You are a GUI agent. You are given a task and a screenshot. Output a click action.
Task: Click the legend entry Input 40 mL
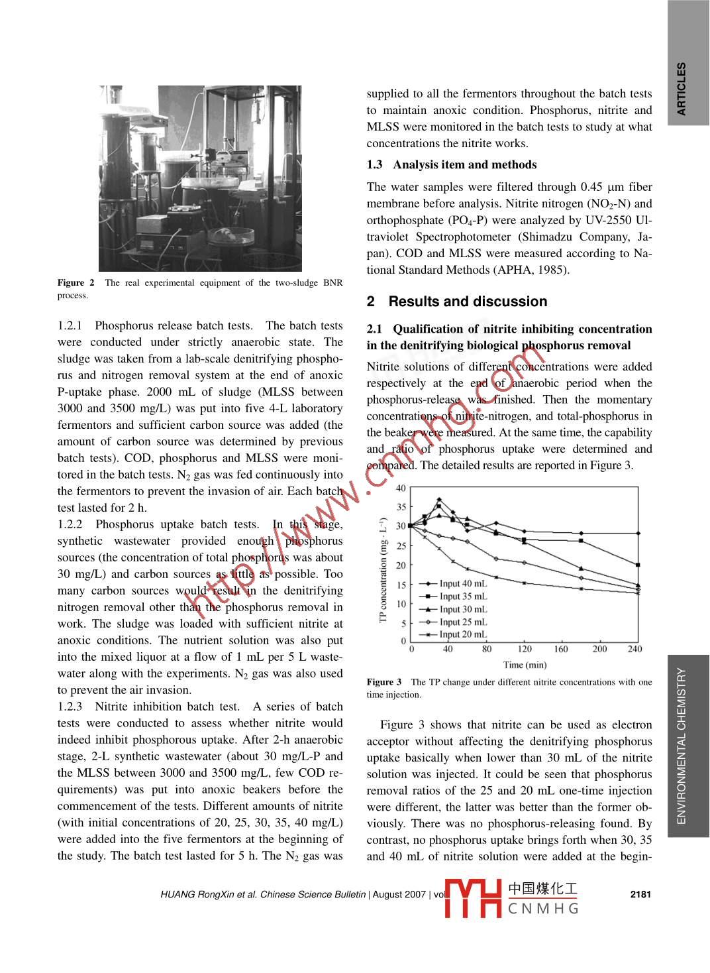(x=463, y=583)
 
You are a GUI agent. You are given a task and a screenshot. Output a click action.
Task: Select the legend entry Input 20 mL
(x=463, y=634)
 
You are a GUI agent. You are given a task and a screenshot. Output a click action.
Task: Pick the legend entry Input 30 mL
(x=463, y=609)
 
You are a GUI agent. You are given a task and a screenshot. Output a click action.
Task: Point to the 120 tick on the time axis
(x=525, y=650)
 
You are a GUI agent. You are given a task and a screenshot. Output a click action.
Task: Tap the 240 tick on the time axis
(x=634, y=650)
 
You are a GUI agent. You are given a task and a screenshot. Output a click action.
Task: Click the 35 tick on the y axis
(x=401, y=508)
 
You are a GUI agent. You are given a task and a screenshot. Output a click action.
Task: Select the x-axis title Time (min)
(x=525, y=665)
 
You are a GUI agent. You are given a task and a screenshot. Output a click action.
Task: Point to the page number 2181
(x=640, y=894)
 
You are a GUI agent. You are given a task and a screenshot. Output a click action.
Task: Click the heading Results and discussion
(x=468, y=302)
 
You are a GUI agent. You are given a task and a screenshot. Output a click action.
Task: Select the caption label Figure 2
(x=76, y=283)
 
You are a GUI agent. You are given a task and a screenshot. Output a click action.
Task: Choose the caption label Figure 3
(x=384, y=682)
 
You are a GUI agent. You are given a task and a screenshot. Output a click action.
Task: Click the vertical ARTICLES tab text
(x=682, y=89)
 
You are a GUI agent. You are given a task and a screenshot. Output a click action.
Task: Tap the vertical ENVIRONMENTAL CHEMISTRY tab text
(x=682, y=746)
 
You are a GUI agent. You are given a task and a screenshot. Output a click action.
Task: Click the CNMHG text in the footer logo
(x=543, y=908)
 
